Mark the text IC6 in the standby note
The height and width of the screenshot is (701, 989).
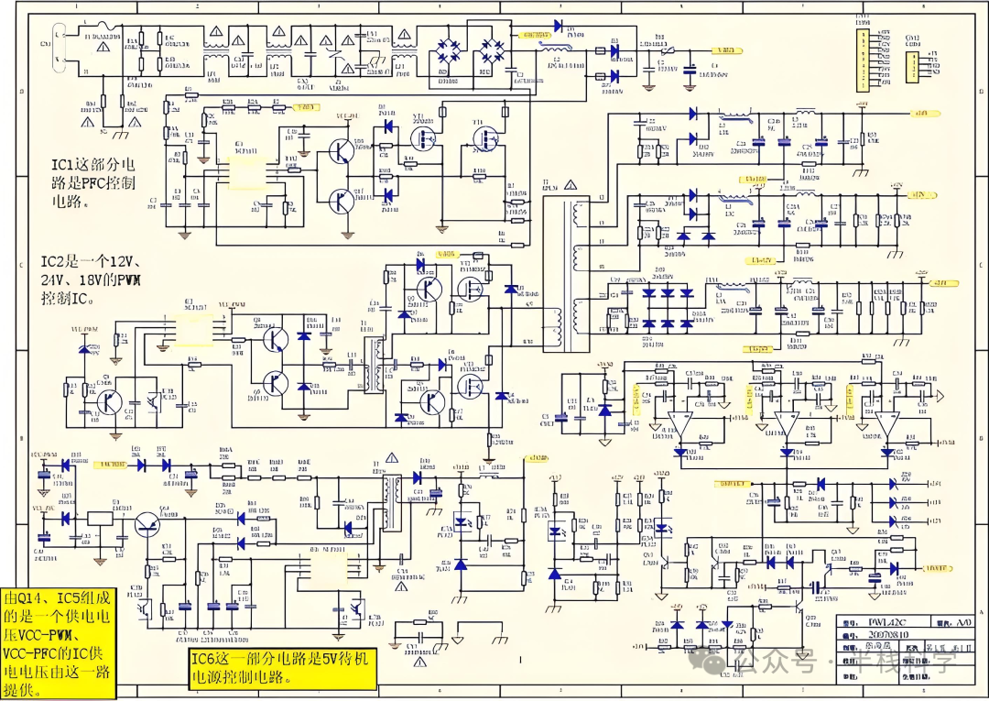(205, 660)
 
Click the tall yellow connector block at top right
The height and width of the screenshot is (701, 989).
(863, 60)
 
